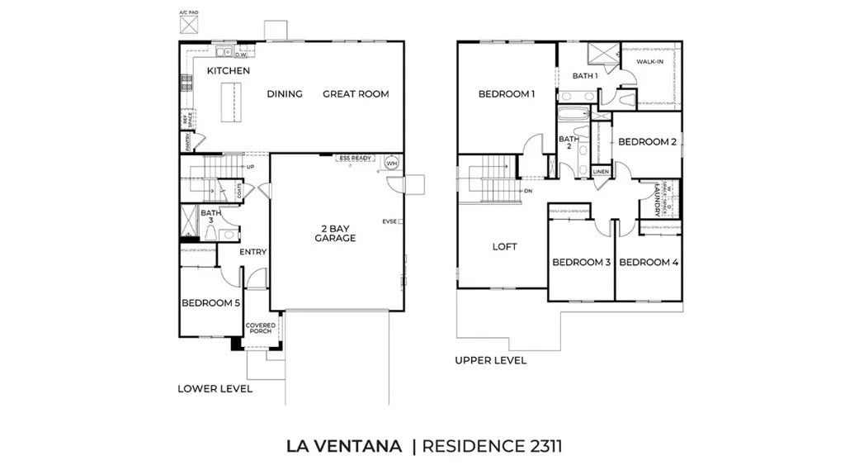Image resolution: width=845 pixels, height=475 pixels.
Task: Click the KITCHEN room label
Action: (228, 71)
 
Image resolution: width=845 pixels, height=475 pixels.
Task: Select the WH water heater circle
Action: (391, 163)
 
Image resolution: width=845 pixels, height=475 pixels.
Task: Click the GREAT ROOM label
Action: (355, 93)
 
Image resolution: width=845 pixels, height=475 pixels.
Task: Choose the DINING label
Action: (285, 93)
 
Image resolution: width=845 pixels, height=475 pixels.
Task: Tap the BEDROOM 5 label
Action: (210, 303)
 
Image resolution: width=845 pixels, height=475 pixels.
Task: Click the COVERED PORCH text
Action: (261, 328)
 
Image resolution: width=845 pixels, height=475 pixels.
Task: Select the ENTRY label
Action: (253, 252)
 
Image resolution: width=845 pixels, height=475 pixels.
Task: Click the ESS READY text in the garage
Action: (356, 157)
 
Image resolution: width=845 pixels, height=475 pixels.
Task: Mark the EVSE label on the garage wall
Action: (389, 221)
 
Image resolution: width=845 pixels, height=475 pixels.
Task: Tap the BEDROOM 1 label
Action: (507, 94)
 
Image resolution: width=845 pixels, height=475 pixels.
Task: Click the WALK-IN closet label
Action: (649, 61)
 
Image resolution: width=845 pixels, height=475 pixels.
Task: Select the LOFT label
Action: (504, 246)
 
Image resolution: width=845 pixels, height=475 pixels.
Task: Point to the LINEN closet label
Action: (601, 172)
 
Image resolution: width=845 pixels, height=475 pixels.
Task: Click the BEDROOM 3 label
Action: (581, 262)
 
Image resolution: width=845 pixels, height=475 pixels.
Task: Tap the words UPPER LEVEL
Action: (490, 360)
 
